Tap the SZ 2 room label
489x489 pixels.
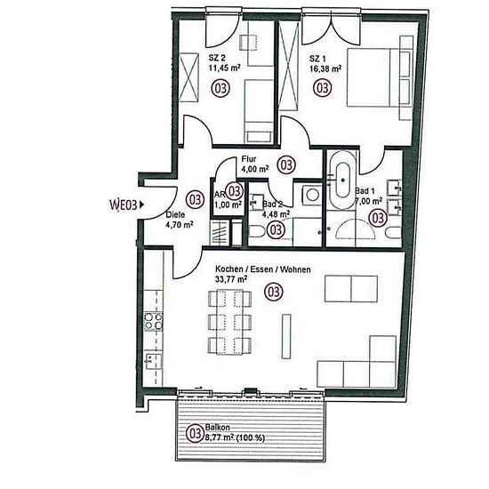pos(217,58)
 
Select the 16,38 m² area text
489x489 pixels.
pos(325,68)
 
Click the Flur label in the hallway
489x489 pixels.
pos(249,159)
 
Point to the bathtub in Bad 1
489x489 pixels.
pos(342,180)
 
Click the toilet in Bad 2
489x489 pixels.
pos(257,231)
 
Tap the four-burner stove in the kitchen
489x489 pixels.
pos(153,322)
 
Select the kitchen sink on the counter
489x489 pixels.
pos(153,361)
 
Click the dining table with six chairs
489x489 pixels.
pos(229,322)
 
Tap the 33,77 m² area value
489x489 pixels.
pos(232,279)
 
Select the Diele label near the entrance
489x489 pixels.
pos(175,215)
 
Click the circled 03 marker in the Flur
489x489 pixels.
pos(286,164)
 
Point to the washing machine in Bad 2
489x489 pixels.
pos(312,195)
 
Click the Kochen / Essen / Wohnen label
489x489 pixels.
pos(263,269)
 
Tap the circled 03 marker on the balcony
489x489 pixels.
pos(195,433)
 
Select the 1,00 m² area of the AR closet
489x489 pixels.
pos(228,204)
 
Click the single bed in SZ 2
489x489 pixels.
pos(258,111)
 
